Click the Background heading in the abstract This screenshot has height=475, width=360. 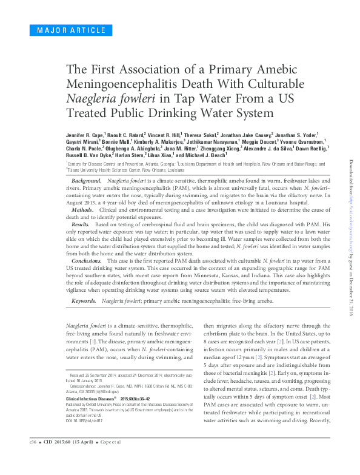click(86, 181)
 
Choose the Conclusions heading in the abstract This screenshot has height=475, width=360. click(87, 260)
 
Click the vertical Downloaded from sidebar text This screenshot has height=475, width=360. click(350, 237)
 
